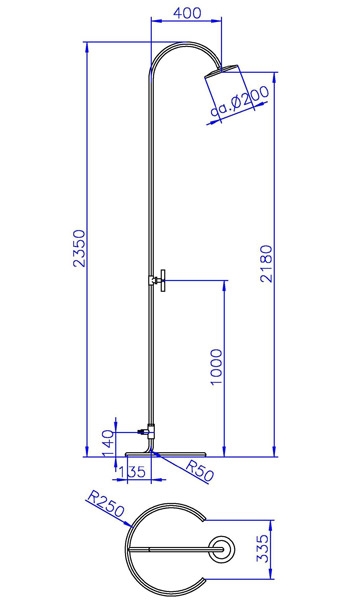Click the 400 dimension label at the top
187,13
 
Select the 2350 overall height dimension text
79,248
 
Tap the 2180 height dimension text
266,264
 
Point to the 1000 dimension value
217,367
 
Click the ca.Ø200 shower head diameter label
240,102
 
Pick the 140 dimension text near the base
109,443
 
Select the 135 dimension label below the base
132,472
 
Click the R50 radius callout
199,470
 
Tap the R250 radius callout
106,504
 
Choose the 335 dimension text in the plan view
263,548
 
